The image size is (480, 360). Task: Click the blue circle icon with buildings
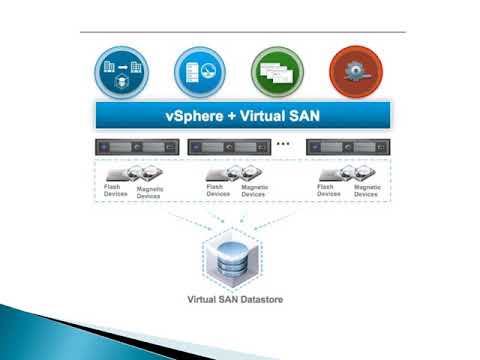121,71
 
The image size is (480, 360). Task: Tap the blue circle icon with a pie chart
198,71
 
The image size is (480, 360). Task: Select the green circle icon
277,71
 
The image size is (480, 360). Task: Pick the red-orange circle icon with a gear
355,71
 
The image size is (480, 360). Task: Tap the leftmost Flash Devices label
117,189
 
